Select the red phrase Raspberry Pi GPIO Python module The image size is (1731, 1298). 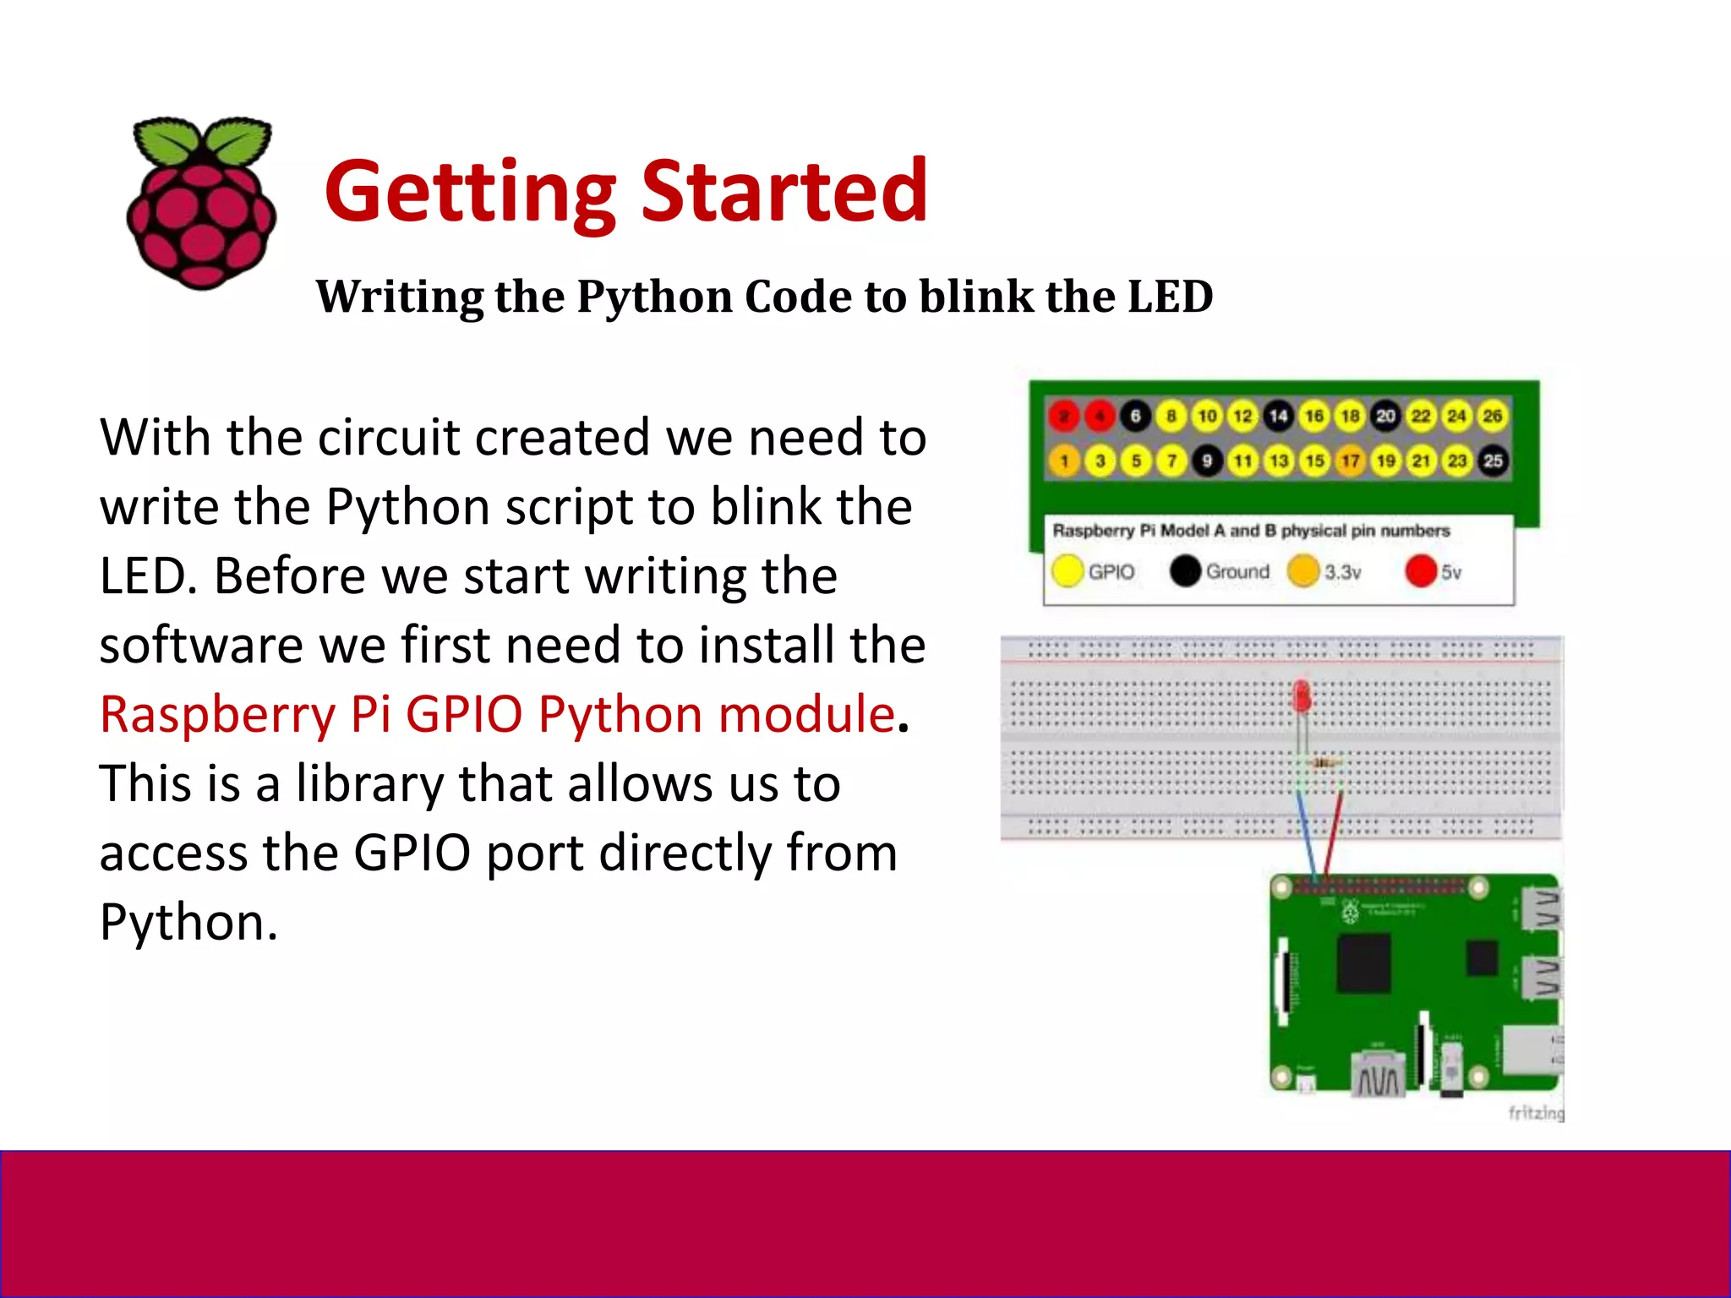click(x=497, y=714)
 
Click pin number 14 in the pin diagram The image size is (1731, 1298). click(x=1278, y=416)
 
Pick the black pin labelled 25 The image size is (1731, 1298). click(x=1493, y=461)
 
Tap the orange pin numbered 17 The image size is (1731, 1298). click(x=1351, y=461)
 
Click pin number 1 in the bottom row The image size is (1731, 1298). click(x=1064, y=461)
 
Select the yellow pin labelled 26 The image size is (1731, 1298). click(x=1493, y=416)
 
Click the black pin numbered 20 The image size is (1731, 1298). click(x=1386, y=416)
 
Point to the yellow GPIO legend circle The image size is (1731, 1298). click(x=1068, y=571)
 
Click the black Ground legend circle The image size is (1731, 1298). click(x=1185, y=571)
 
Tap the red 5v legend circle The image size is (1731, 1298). click(x=1421, y=571)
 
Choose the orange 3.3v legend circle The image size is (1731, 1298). click(x=1303, y=571)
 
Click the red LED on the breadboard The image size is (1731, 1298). click(x=1302, y=698)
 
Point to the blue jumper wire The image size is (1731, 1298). click(x=1307, y=837)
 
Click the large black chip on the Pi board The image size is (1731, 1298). click(x=1363, y=963)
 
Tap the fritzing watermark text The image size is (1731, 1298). click(x=1536, y=1113)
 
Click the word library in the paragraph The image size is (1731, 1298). click(x=369, y=784)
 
